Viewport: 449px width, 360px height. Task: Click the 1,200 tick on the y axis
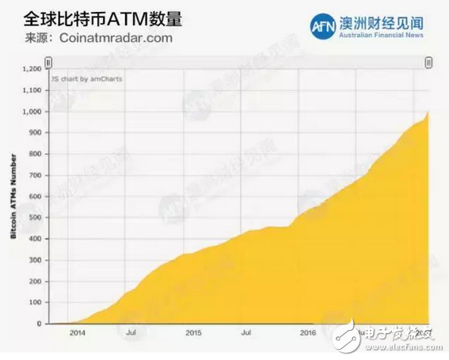tap(31, 69)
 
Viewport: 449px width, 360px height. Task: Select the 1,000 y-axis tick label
tap(31, 112)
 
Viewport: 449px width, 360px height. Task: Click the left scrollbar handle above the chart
tap(48, 62)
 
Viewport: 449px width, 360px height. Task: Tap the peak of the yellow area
tap(428, 111)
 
